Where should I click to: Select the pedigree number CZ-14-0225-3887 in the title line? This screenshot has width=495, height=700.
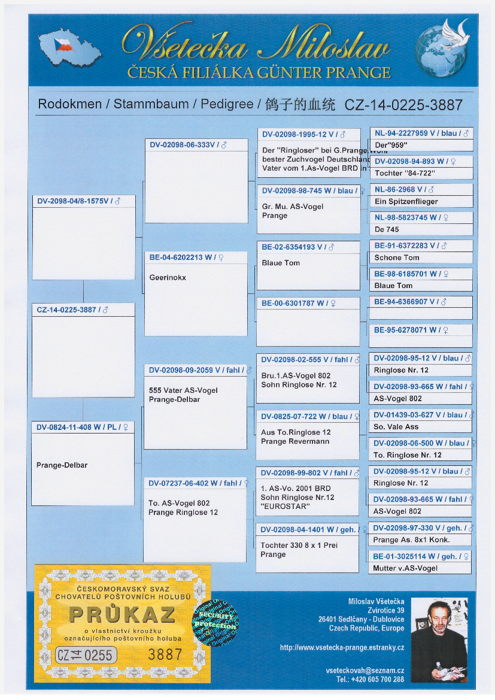coord(403,105)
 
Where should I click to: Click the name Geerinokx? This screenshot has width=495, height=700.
coord(168,278)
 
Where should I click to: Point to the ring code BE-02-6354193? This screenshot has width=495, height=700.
coord(291,247)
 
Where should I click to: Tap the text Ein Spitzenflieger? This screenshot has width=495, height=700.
coord(406,202)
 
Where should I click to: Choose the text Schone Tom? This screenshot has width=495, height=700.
coord(397,257)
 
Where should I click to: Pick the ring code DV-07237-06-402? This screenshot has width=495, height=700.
coord(189,483)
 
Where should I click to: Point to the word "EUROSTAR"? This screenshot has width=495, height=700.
coord(285,507)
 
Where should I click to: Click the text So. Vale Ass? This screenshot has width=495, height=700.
coord(396,427)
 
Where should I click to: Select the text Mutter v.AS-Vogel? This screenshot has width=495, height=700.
coord(405,568)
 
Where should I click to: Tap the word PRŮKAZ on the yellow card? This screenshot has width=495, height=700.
coord(122,614)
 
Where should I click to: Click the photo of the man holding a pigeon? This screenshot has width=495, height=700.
coord(439,641)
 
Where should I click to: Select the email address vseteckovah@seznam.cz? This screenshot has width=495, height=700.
coord(365,671)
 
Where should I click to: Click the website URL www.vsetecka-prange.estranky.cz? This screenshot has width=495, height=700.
coord(342,647)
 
